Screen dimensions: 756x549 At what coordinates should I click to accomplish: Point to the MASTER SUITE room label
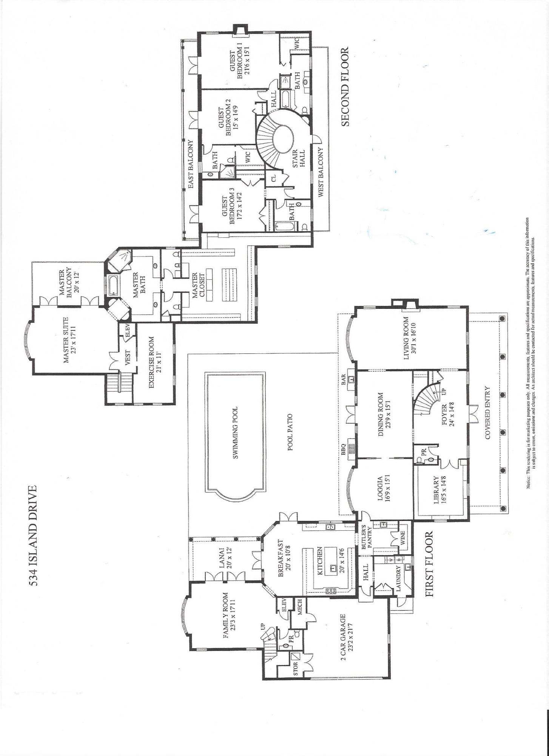[66, 339]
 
